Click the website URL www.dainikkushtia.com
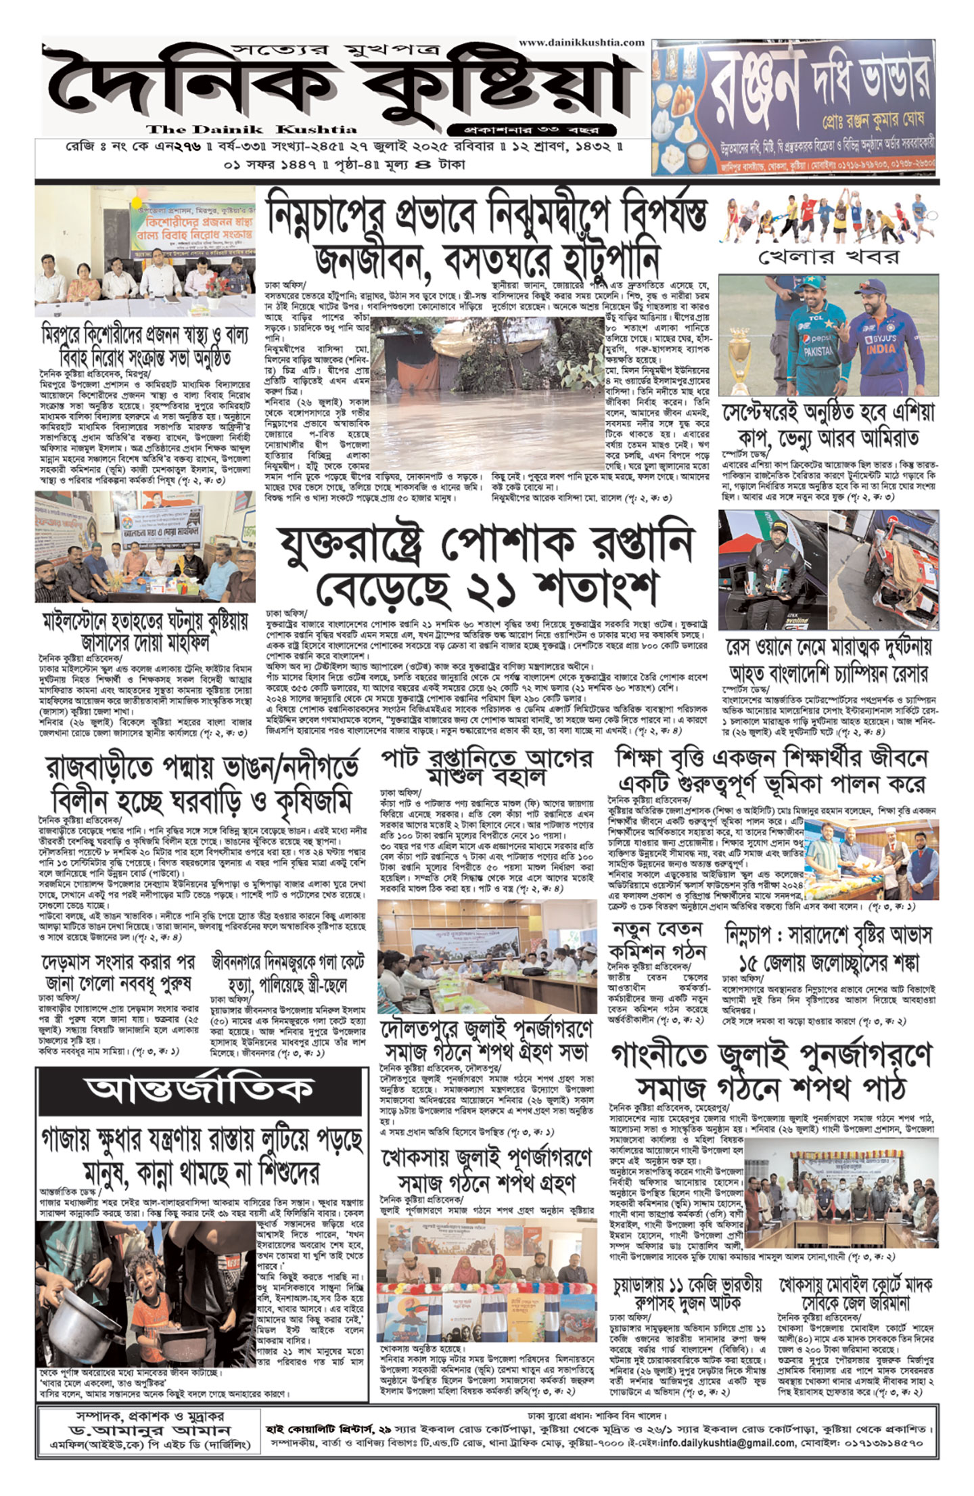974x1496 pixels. coord(582,42)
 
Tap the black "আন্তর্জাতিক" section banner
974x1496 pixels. coord(199,1089)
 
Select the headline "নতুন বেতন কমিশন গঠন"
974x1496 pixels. coord(659,940)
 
